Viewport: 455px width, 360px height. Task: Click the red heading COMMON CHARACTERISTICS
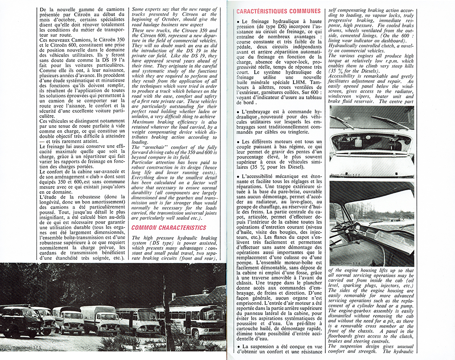point(169,227)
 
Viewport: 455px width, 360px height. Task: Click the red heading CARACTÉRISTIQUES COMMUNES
point(278,10)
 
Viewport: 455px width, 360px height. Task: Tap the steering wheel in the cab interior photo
point(344,226)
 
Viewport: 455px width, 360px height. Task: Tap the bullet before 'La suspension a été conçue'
point(238,347)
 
